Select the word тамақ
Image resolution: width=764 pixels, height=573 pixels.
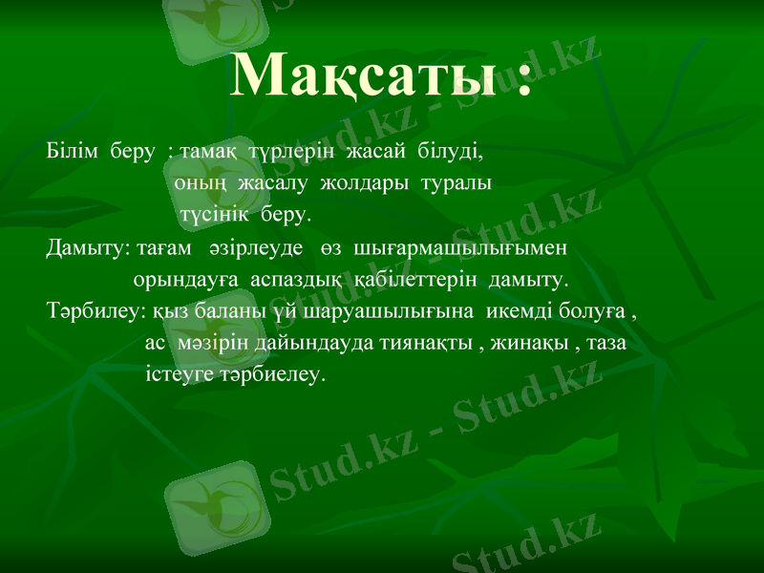209,151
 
